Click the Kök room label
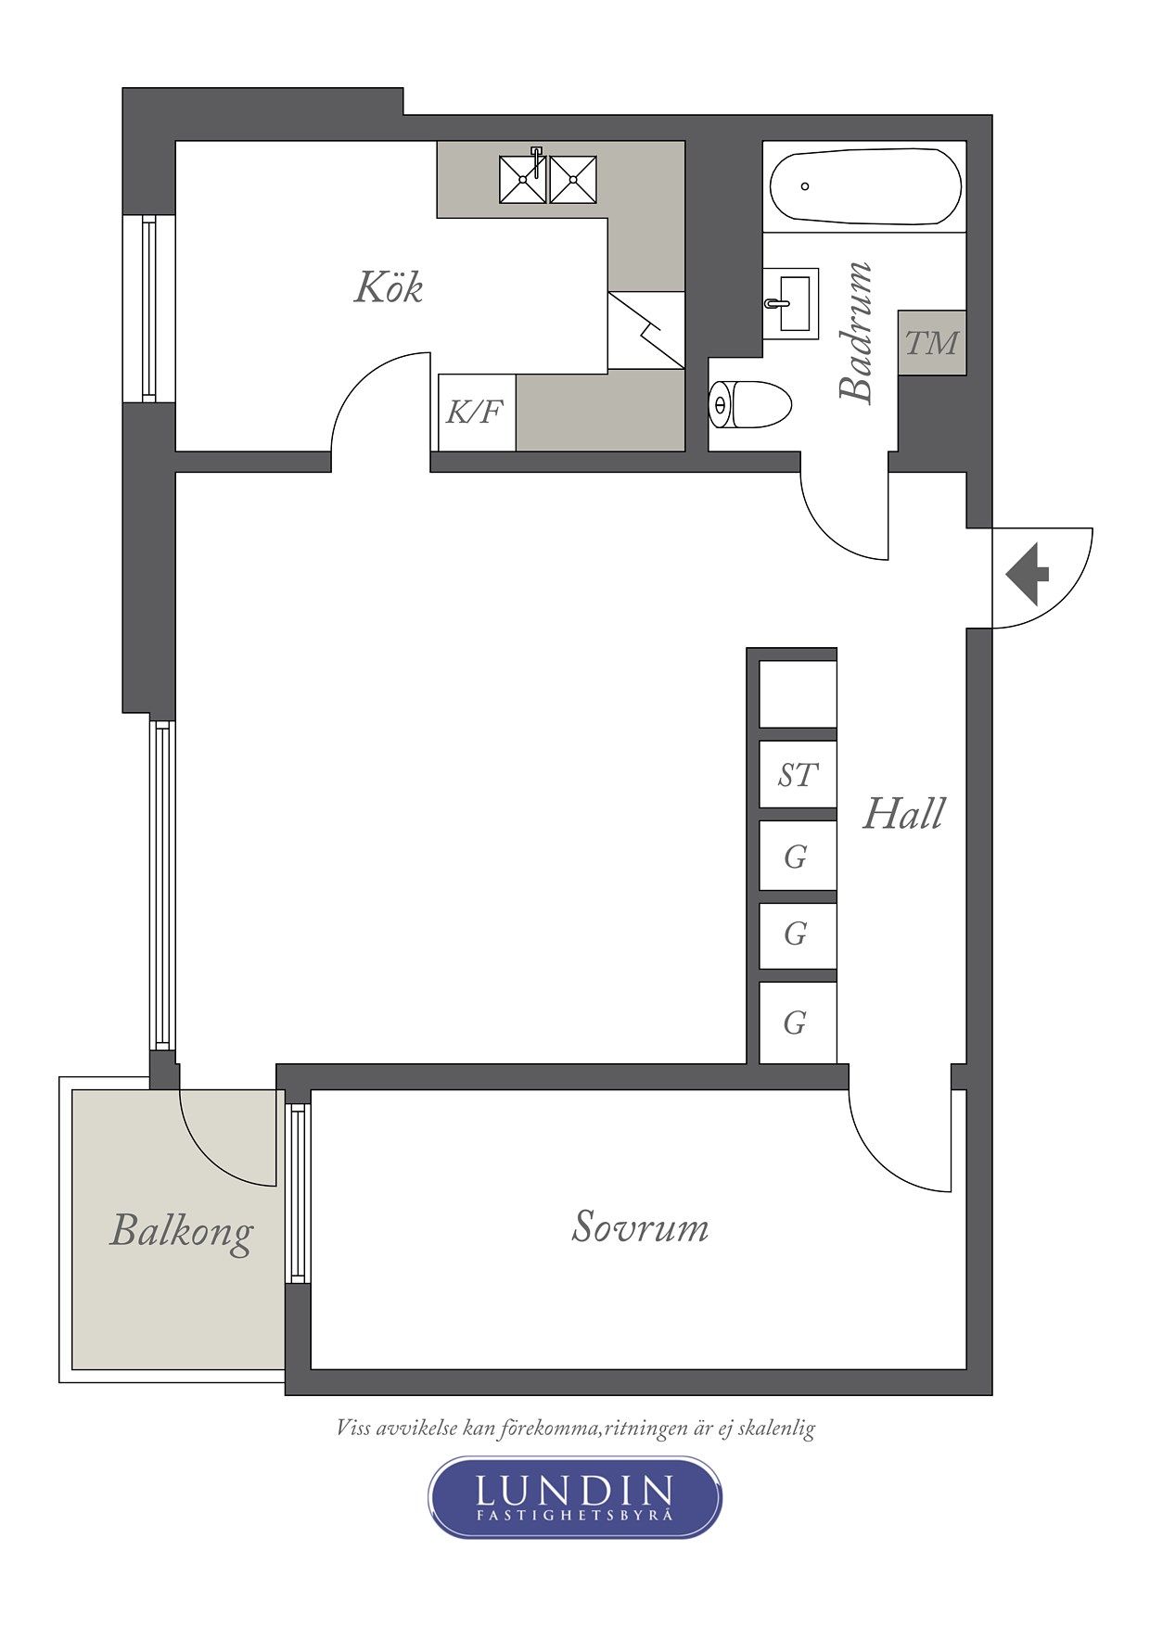pyautogui.click(x=389, y=287)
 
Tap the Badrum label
pyautogui.click(x=856, y=332)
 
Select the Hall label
pyautogui.click(x=903, y=814)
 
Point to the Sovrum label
pyautogui.click(x=640, y=1226)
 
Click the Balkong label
pyautogui.click(x=182, y=1232)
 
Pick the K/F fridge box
pyautogui.click(x=477, y=413)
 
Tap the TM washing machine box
pyautogui.click(x=932, y=343)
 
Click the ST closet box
pyautogui.click(x=798, y=775)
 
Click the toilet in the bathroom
pyautogui.click(x=749, y=405)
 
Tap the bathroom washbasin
pyautogui.click(x=791, y=303)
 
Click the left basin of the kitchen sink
pyautogui.click(x=523, y=180)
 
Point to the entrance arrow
pyautogui.click(x=1027, y=575)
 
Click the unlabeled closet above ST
pyautogui.click(x=798, y=693)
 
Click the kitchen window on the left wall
pyautogui.click(x=148, y=309)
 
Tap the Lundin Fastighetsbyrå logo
pyautogui.click(x=575, y=1497)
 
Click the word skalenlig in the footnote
pyautogui.click(x=776, y=1429)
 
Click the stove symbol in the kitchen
pyautogui.click(x=646, y=331)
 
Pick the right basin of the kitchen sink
pyautogui.click(x=573, y=180)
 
